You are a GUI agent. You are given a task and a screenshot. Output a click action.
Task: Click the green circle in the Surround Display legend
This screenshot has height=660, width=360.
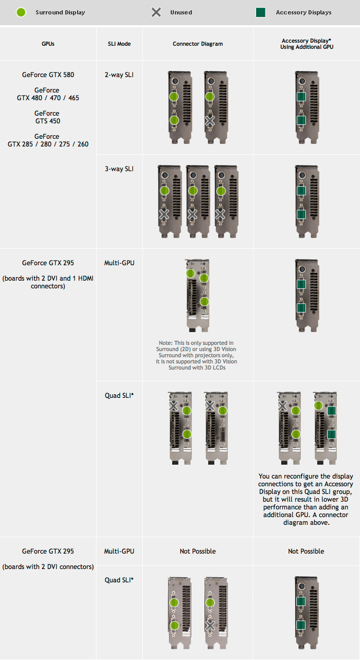pos(21,12)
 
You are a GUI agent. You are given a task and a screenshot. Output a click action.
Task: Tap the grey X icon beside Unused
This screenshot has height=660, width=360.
pos(156,12)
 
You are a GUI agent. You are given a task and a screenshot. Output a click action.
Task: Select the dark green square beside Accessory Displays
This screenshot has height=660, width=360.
pos(261,12)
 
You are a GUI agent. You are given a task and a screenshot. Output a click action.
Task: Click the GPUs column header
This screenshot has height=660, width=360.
pos(48,44)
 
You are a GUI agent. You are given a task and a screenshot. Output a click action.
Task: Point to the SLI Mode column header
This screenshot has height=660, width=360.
pos(119,44)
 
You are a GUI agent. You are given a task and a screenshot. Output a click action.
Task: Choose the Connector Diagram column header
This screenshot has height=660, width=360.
pos(197,44)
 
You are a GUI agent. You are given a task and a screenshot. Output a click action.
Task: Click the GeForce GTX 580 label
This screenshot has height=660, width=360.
pos(48,75)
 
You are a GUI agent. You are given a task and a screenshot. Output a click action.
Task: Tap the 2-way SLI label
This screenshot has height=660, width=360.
pos(119,75)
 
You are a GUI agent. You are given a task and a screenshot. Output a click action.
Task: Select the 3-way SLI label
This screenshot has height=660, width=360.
pos(119,169)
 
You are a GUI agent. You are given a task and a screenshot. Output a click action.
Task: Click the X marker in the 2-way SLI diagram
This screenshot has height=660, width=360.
pos(210,121)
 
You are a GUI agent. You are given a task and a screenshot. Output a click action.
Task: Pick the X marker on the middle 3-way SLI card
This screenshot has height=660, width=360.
pos(192,214)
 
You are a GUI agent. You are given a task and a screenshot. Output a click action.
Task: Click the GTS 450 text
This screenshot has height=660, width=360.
pos(47,121)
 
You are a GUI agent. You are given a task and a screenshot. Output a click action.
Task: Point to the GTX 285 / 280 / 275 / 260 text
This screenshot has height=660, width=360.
pos(48,144)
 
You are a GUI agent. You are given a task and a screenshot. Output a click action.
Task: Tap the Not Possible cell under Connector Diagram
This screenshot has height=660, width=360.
pos(197,551)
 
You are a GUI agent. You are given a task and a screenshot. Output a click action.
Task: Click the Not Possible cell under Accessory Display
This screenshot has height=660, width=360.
pos(306,551)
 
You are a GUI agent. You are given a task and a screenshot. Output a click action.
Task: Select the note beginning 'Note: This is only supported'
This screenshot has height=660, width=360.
pos(197,355)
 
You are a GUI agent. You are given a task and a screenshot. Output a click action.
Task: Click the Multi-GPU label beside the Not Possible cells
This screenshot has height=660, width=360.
pos(119,551)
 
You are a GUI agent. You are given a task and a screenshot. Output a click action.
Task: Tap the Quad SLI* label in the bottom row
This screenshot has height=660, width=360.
pos(119,580)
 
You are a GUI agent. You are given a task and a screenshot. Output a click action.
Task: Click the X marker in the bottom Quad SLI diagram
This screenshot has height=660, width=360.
pos(210,626)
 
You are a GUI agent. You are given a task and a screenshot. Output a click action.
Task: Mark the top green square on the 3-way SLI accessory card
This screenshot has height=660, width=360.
pos(301,191)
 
